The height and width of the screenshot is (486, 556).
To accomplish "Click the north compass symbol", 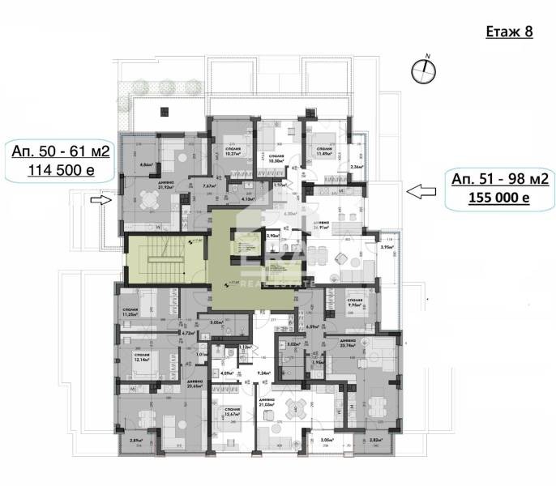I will click(421, 71).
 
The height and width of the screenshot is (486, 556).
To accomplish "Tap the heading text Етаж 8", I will click(508, 32).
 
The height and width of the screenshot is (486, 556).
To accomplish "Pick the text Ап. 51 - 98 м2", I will click(494, 180).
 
